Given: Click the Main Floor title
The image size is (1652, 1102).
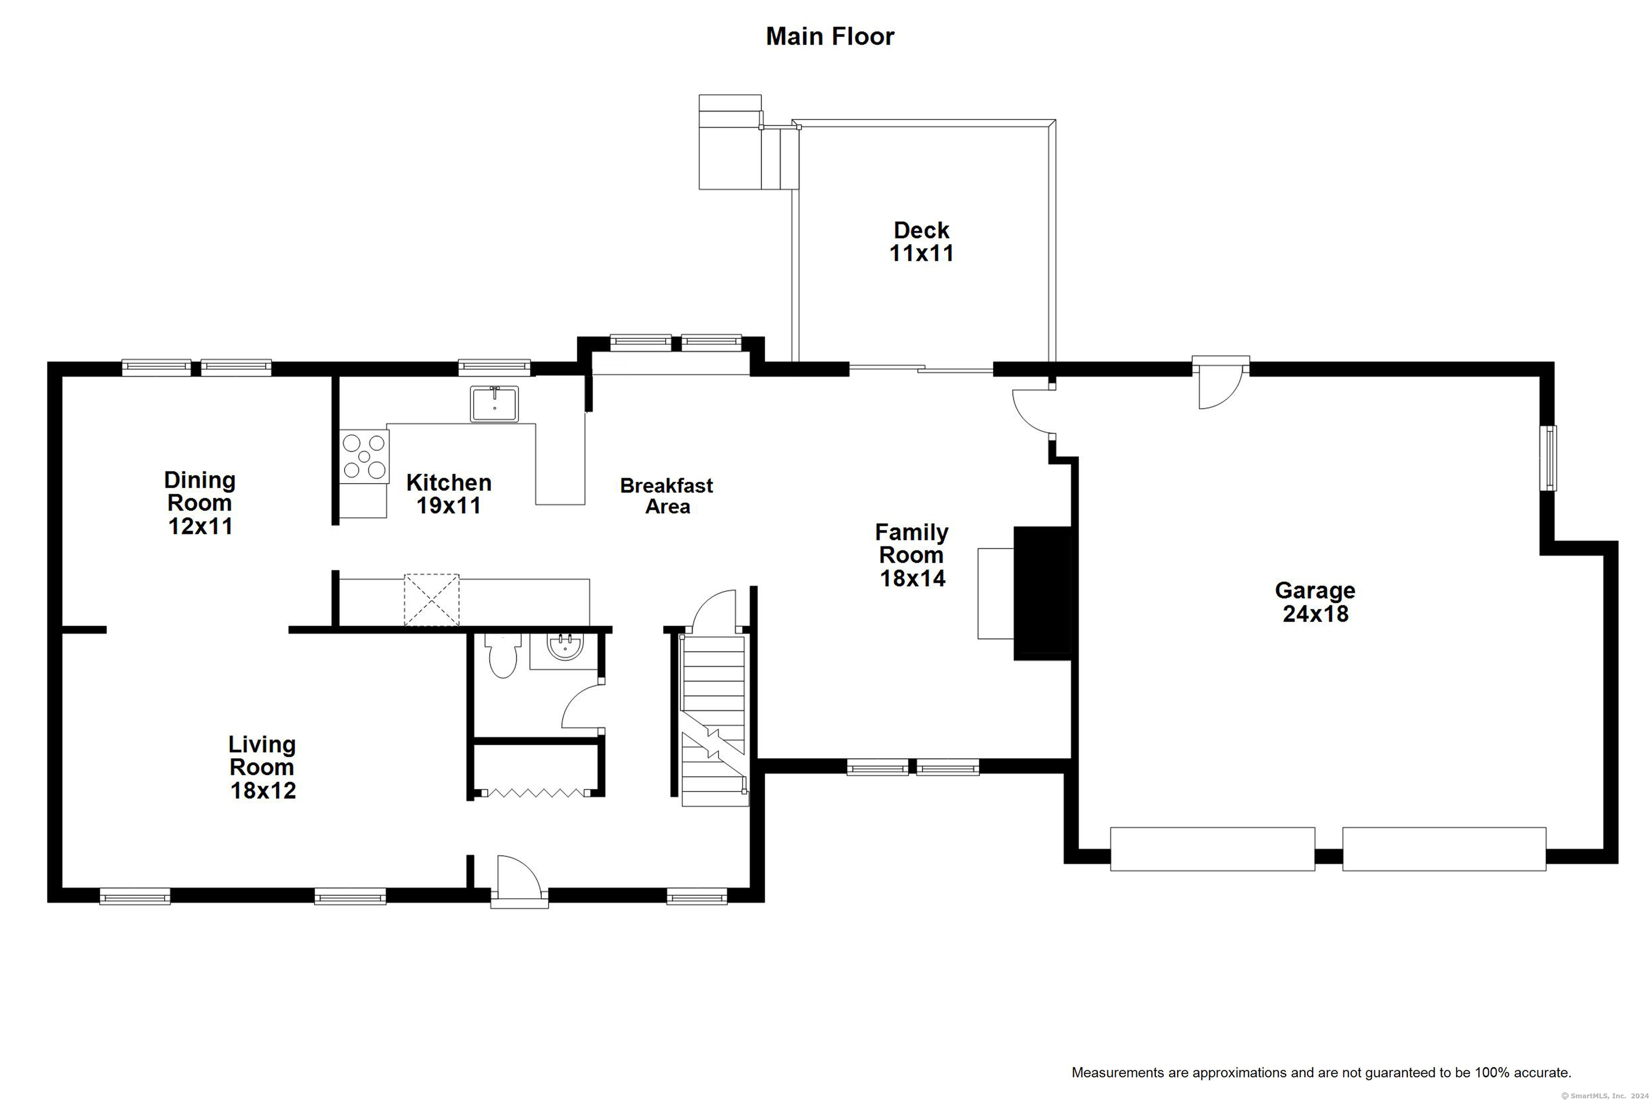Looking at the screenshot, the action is tap(830, 37).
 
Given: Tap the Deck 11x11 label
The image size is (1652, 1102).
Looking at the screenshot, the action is tap(922, 242).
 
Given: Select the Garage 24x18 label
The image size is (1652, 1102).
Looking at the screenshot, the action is tap(1315, 602).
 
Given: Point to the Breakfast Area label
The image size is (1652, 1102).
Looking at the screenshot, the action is tap(667, 496).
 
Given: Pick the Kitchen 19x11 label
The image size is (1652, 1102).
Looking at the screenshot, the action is tap(449, 494).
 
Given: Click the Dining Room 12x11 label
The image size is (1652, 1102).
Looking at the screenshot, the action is tap(200, 503).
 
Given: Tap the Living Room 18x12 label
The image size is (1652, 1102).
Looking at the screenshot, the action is tap(262, 767).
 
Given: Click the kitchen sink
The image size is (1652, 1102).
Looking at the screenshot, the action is tap(495, 404).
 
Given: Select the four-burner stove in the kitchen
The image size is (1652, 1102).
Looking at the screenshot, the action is tap(365, 456).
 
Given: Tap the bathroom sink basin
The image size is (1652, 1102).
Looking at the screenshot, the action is tap(565, 646).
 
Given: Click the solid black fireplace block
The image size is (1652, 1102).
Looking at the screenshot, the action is tap(1042, 593).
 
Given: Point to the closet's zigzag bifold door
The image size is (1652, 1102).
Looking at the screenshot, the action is tap(537, 793).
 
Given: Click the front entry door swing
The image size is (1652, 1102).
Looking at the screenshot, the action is tap(519, 881).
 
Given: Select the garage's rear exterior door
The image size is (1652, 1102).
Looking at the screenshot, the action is tap(1221, 383).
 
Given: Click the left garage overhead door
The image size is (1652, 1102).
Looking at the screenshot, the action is tap(1212, 849).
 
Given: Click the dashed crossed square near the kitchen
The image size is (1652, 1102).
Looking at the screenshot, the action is tap(431, 600).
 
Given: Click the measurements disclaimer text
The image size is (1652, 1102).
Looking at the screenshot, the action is tap(1321, 1072).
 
